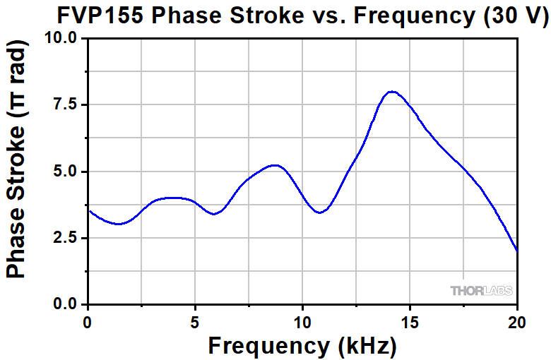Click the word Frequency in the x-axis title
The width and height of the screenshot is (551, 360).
pyautogui.click(x=265, y=345)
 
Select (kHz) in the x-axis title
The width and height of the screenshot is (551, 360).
pyautogui.click(x=362, y=345)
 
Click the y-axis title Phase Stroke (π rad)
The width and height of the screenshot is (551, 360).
pyautogui.click(x=18, y=159)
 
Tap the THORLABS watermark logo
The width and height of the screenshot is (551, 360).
pyautogui.click(x=481, y=290)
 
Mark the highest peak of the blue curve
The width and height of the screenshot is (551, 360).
pyautogui.click(x=392, y=92)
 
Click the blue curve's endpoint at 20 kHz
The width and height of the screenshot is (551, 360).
pyautogui.click(x=517, y=251)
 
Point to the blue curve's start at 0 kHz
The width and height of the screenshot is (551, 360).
pyautogui.click(x=88, y=210)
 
